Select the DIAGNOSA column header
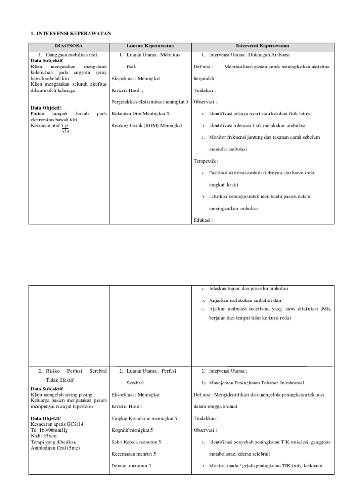point(69,46)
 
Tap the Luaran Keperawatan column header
point(150,46)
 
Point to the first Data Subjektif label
point(47,61)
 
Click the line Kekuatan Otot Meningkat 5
point(141,113)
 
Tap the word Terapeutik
point(206,161)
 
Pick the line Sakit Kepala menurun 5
point(136,442)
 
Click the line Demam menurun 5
point(132,465)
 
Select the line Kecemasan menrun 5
point(134,454)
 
